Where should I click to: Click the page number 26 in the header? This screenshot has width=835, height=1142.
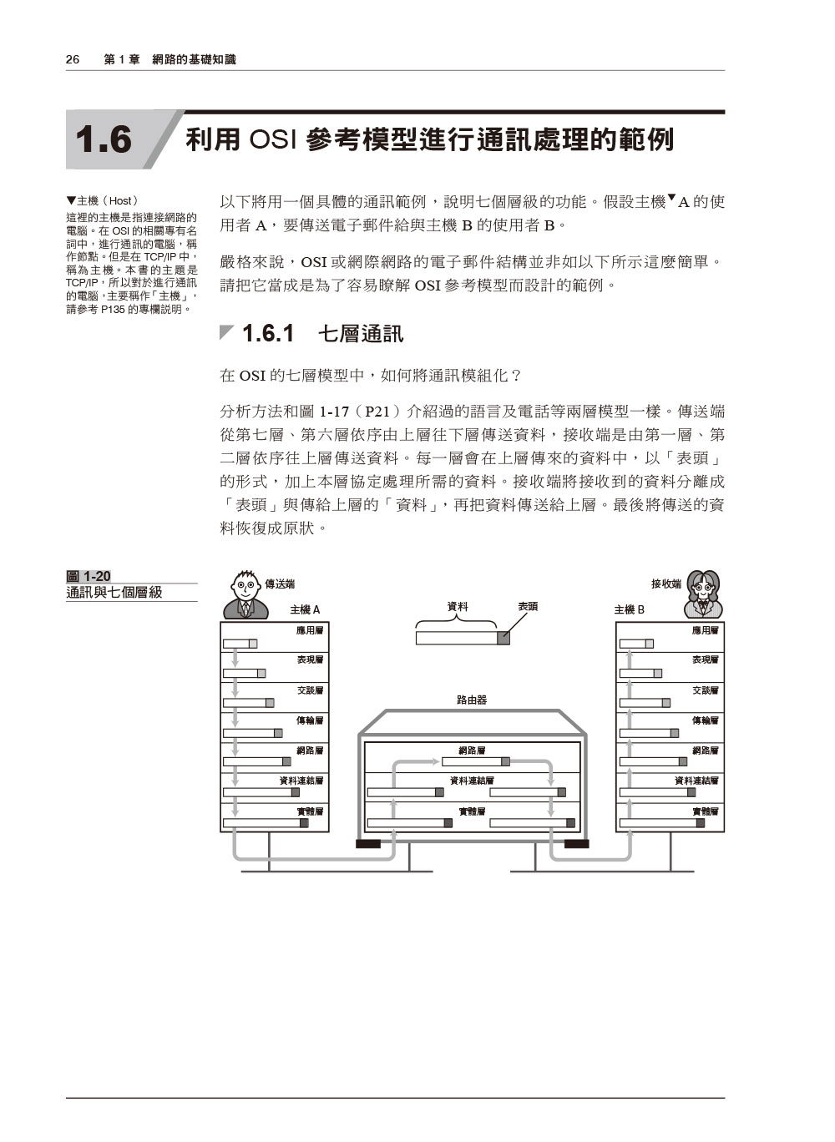pos(73,59)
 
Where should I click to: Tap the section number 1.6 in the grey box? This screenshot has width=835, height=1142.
pos(104,139)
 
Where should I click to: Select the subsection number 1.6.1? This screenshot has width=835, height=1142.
pos(268,333)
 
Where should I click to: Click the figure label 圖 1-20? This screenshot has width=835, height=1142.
pos(89,576)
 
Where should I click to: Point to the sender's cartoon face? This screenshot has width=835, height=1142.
pos(245,586)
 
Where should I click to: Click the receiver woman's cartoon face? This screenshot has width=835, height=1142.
pos(703,588)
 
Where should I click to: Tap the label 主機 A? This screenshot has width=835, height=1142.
pos(305,609)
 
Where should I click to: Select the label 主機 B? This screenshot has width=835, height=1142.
pos(629,609)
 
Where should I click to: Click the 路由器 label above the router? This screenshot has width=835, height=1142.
pos(472,700)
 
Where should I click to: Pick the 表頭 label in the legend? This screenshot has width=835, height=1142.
pos(528,606)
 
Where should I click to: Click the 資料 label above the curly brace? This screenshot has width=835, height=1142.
pos(457,606)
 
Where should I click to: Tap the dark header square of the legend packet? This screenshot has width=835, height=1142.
pos(504,638)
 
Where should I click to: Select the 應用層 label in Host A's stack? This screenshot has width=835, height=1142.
pos(310,630)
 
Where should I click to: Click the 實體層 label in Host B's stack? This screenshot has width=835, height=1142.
pos(706,811)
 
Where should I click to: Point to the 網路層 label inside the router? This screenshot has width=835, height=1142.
pos(472,750)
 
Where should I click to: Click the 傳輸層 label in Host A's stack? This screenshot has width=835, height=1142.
pos(310,720)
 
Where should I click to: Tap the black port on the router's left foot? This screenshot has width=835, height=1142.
pos(368,844)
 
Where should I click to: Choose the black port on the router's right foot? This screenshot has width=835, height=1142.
pos(576,844)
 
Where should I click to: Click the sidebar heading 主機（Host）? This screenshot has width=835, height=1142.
pos(103,200)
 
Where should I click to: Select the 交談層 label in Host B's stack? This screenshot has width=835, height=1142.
pos(706,690)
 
